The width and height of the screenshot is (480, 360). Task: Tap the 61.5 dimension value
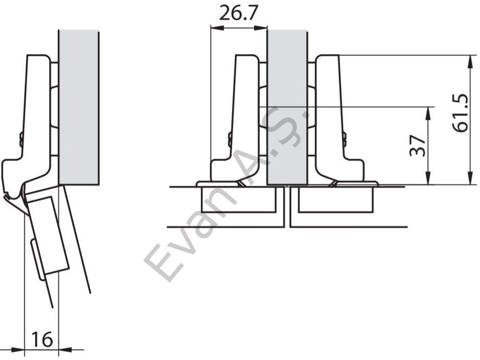point(461,112)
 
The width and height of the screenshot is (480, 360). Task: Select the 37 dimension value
point(418,145)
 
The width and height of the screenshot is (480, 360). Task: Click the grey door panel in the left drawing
point(79,107)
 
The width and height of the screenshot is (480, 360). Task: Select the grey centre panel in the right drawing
point(288,107)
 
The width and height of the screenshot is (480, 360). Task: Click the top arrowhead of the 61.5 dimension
point(469,61)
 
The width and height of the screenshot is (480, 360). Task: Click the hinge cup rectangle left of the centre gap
point(239,199)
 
